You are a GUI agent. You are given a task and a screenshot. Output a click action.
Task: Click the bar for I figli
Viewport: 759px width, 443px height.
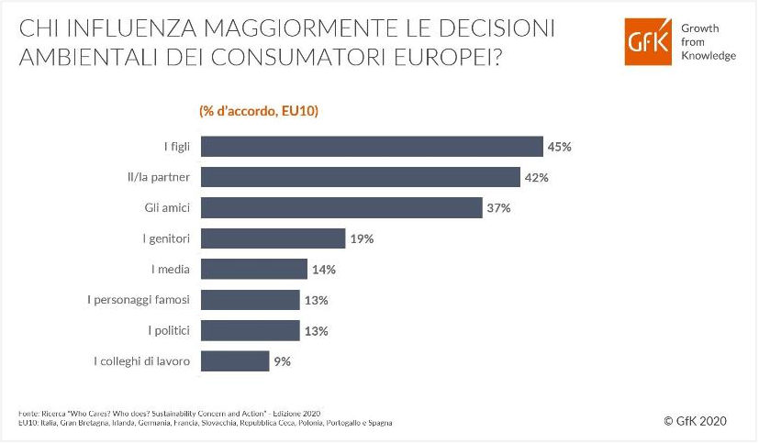(x=372, y=147)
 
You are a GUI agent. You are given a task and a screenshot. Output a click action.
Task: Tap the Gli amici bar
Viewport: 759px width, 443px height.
(x=341, y=208)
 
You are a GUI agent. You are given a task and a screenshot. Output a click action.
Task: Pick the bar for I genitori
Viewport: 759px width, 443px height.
(x=273, y=238)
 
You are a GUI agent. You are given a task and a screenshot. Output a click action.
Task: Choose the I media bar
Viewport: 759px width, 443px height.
(x=253, y=269)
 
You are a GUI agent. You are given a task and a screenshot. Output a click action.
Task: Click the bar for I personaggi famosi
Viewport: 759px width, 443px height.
(x=250, y=300)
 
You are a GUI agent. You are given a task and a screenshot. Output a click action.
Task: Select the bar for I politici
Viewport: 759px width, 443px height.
(x=250, y=330)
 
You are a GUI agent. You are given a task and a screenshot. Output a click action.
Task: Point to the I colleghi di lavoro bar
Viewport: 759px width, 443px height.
(x=234, y=361)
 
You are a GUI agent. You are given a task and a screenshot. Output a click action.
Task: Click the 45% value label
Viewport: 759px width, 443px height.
(x=560, y=147)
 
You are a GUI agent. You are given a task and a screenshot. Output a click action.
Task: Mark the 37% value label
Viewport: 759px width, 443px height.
(x=498, y=208)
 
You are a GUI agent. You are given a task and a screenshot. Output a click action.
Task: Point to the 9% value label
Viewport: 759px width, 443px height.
(x=282, y=361)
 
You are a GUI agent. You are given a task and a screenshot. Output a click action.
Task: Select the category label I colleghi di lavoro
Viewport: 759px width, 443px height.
(x=142, y=361)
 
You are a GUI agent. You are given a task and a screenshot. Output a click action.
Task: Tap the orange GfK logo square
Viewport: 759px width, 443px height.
(x=649, y=42)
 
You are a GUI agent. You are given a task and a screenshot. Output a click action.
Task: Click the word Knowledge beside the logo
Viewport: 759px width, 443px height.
(x=708, y=56)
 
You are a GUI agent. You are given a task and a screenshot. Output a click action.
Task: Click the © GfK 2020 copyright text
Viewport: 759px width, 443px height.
(x=694, y=421)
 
